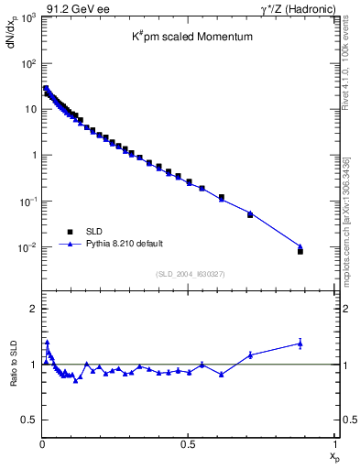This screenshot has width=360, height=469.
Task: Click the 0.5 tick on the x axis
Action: tap(188, 442)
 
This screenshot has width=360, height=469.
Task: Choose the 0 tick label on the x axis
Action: tap(42, 442)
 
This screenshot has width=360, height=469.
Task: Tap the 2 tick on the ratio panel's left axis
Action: tap(35, 309)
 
